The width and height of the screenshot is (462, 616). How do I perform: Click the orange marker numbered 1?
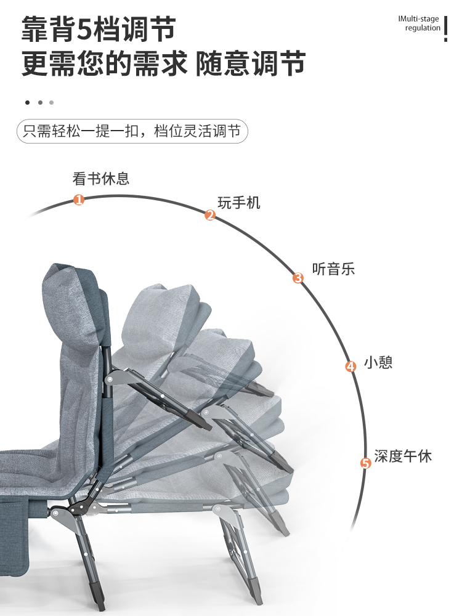79,200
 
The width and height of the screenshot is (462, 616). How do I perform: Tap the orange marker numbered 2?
210,216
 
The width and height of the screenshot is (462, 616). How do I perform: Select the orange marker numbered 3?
298,278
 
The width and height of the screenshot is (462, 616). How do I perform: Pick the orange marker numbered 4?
351,367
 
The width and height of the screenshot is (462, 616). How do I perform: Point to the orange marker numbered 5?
366,463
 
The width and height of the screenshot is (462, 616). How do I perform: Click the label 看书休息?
101,179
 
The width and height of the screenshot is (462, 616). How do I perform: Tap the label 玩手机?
239,203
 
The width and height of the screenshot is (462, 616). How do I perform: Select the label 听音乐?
333,269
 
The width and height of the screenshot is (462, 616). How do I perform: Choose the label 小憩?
378,362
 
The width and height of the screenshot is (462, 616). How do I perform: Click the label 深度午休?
403,456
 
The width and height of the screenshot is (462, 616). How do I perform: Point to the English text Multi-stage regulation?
421,23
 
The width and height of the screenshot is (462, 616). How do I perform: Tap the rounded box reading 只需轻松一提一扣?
132,132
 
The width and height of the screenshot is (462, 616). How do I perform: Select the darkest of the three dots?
27,102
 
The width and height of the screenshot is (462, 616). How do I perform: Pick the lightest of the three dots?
52,102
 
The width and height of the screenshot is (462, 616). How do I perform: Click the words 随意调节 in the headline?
251,63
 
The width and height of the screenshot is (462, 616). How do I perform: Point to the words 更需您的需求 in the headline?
105,63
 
